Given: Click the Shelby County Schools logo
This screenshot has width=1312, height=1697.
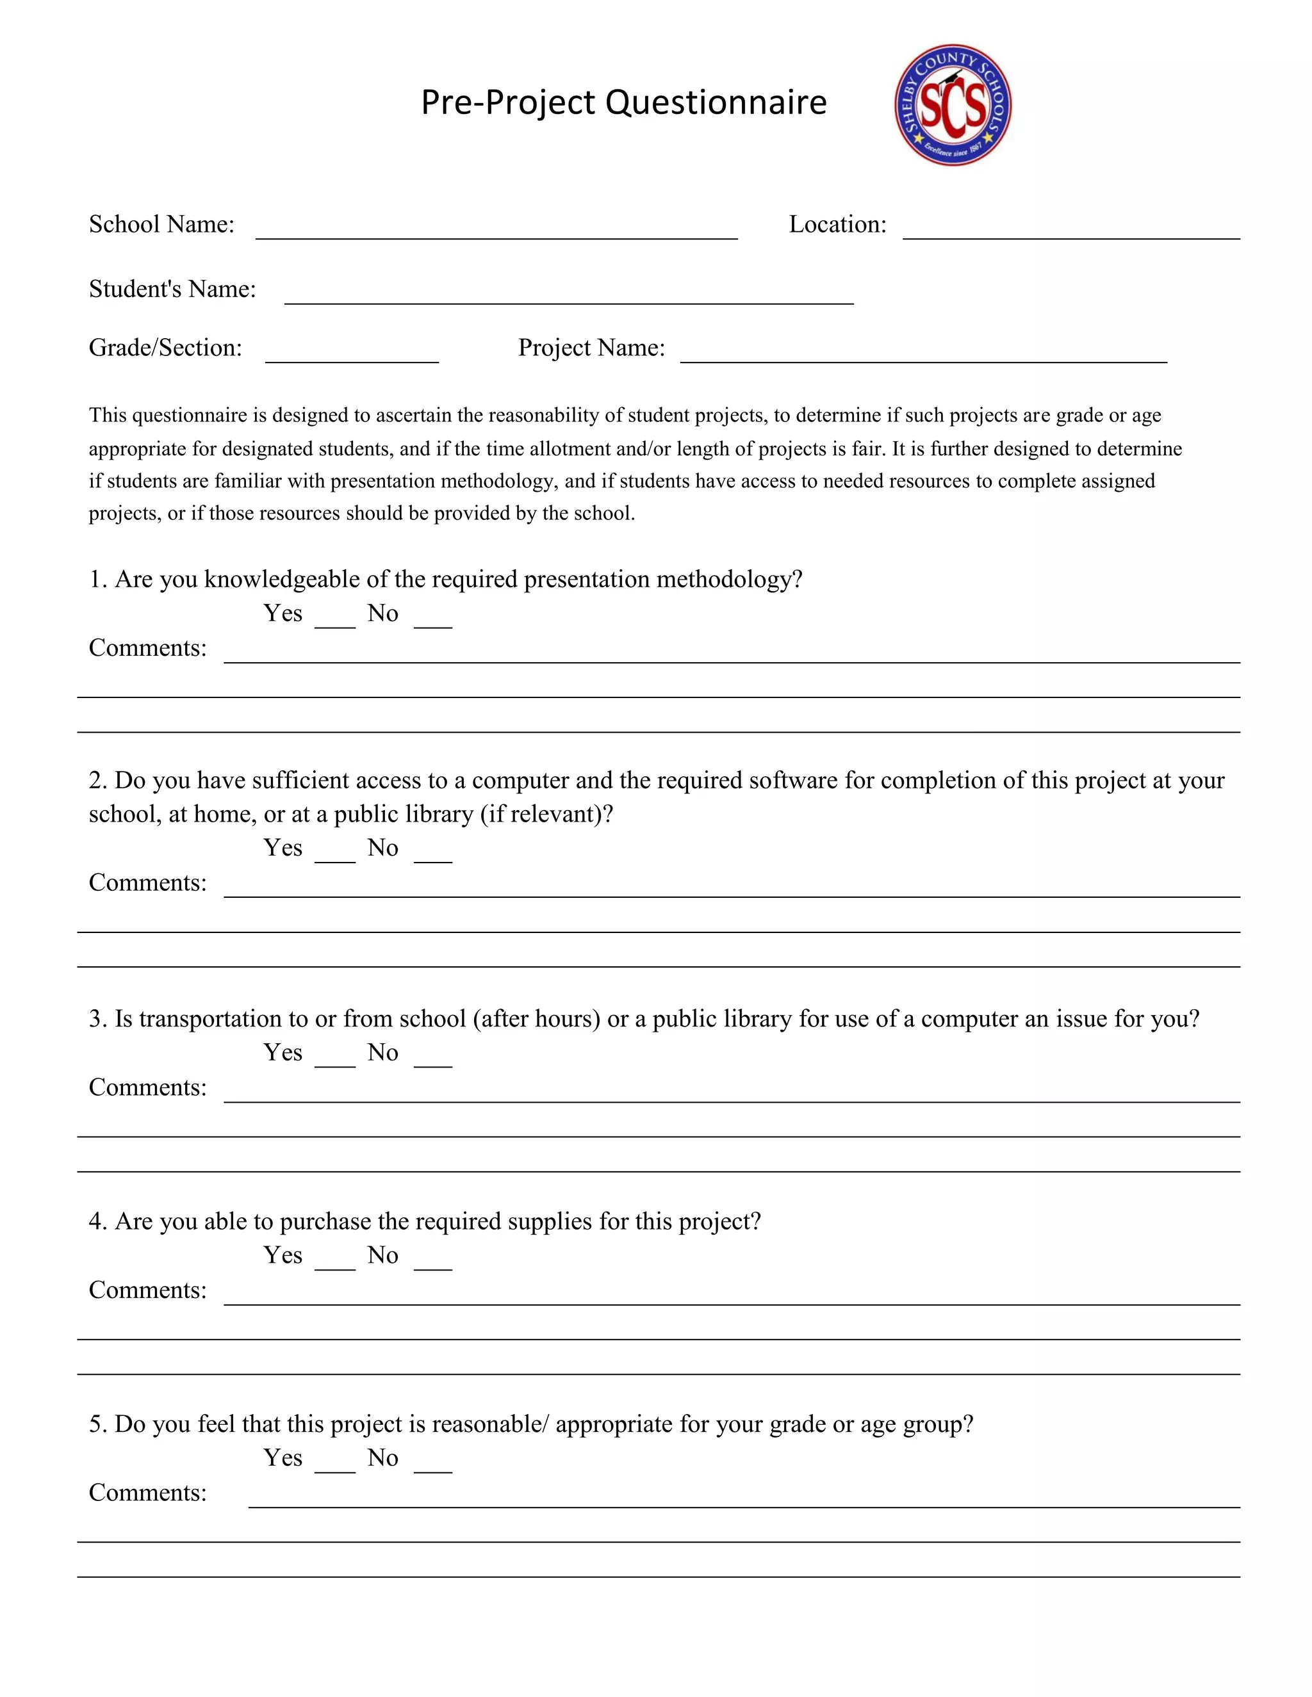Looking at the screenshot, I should coord(952,105).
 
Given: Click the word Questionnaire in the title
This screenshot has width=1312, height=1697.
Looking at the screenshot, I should coord(715,102).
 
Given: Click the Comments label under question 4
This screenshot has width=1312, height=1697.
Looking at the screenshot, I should coord(148,1290).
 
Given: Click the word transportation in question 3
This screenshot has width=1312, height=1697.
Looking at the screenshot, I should coord(212,1019).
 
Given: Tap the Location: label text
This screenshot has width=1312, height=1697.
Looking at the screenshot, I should coord(837,225).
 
